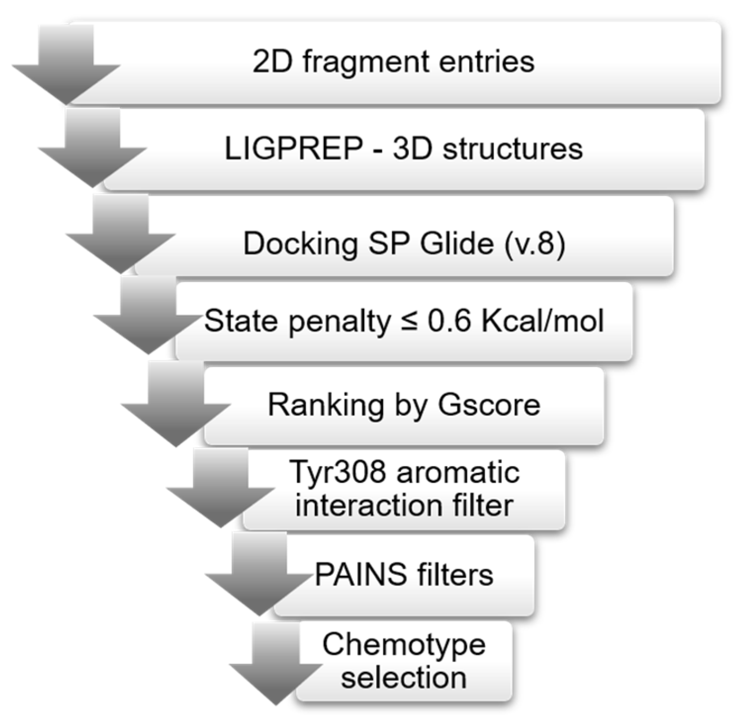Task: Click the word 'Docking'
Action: [301, 244]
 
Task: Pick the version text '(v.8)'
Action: [534, 244]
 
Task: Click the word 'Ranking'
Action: [325, 405]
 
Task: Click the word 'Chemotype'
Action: [404, 645]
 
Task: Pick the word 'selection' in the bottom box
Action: [404, 677]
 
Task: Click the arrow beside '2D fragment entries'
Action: [66, 67]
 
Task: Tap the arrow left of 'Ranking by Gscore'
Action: [176, 408]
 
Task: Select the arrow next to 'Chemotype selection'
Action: [276, 667]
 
